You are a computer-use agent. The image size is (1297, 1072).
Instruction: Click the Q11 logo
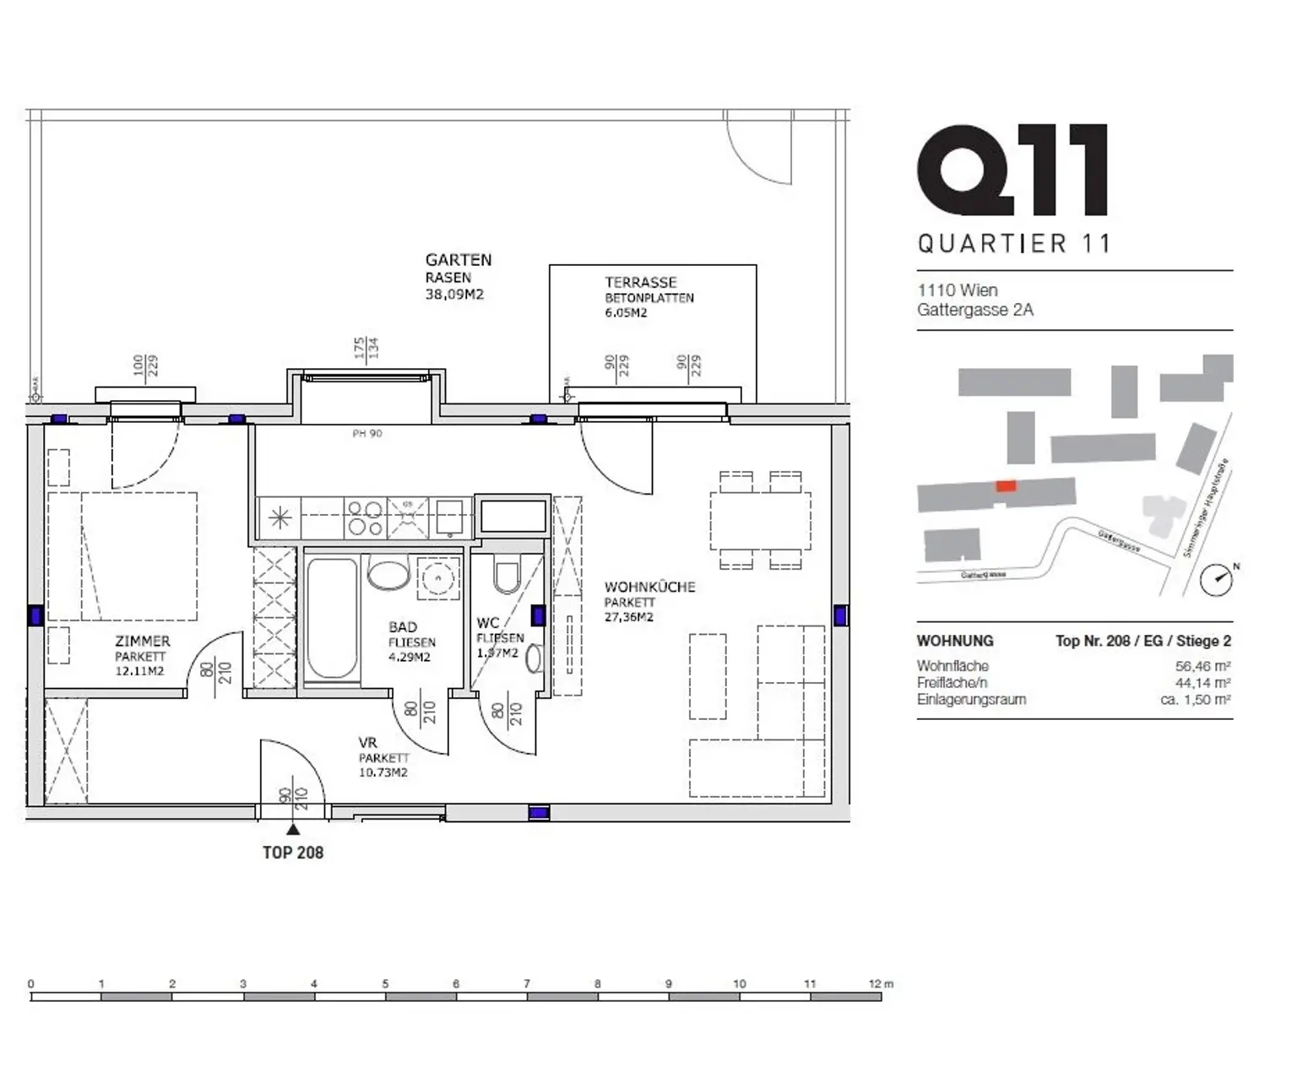[1012, 171]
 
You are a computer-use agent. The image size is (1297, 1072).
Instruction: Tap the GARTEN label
[458, 260]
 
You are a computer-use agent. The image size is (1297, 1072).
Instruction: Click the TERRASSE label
[640, 283]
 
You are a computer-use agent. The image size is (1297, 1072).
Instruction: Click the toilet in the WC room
[507, 577]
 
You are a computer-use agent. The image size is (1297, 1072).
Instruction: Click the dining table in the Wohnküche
[760, 521]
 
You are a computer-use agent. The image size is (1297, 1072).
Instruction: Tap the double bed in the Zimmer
[122, 557]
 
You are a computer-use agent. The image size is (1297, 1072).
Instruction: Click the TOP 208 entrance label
[293, 853]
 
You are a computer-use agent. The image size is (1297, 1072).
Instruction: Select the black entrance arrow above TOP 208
[293, 830]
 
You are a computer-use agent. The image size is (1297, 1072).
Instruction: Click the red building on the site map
[1005, 486]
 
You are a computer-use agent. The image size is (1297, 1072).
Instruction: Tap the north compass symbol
[1217, 578]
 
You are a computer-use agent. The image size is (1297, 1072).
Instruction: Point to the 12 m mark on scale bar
[880, 984]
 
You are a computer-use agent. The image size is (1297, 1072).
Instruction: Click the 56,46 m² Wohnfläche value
[1202, 666]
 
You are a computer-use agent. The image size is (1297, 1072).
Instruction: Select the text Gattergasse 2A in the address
[975, 310]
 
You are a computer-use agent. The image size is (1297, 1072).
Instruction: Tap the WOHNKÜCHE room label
[649, 587]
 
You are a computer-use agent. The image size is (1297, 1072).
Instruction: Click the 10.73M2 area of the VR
[383, 772]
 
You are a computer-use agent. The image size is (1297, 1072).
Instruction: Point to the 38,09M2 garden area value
[454, 295]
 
